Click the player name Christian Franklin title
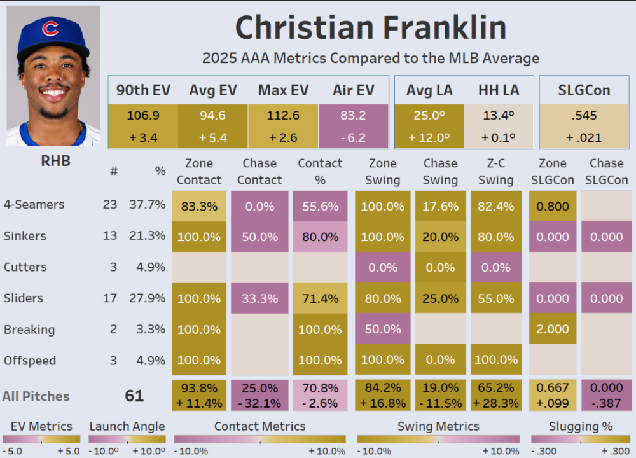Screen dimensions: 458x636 pyautogui.click(x=371, y=28)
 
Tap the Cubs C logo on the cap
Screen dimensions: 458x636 pyautogui.click(x=50, y=29)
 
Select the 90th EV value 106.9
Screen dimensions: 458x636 pyautogui.click(x=143, y=115)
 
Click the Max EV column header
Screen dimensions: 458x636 pyautogui.click(x=282, y=90)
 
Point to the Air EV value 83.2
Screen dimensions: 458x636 pyautogui.click(x=353, y=115)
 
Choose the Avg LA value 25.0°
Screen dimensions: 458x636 pyautogui.click(x=429, y=115)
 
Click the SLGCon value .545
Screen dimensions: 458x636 pyautogui.click(x=584, y=115)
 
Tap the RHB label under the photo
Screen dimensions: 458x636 pyautogui.click(x=55, y=162)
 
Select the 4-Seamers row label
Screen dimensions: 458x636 pyautogui.click(x=34, y=205)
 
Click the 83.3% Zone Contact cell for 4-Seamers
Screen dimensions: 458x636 pyautogui.click(x=199, y=206)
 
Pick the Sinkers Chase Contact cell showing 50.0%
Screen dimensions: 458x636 pyautogui.click(x=259, y=237)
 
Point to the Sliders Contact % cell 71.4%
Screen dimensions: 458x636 pyautogui.click(x=320, y=298)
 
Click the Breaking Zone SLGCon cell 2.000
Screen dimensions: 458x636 pyautogui.click(x=553, y=330)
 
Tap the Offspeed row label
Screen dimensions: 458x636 pyautogui.click(x=30, y=361)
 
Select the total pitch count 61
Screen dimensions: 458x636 pyautogui.click(x=134, y=396)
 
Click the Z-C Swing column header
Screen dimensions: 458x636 pyautogui.click(x=495, y=172)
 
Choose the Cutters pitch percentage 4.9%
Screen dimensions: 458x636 pyautogui.click(x=151, y=267)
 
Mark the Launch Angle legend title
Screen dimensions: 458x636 pyautogui.click(x=127, y=426)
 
